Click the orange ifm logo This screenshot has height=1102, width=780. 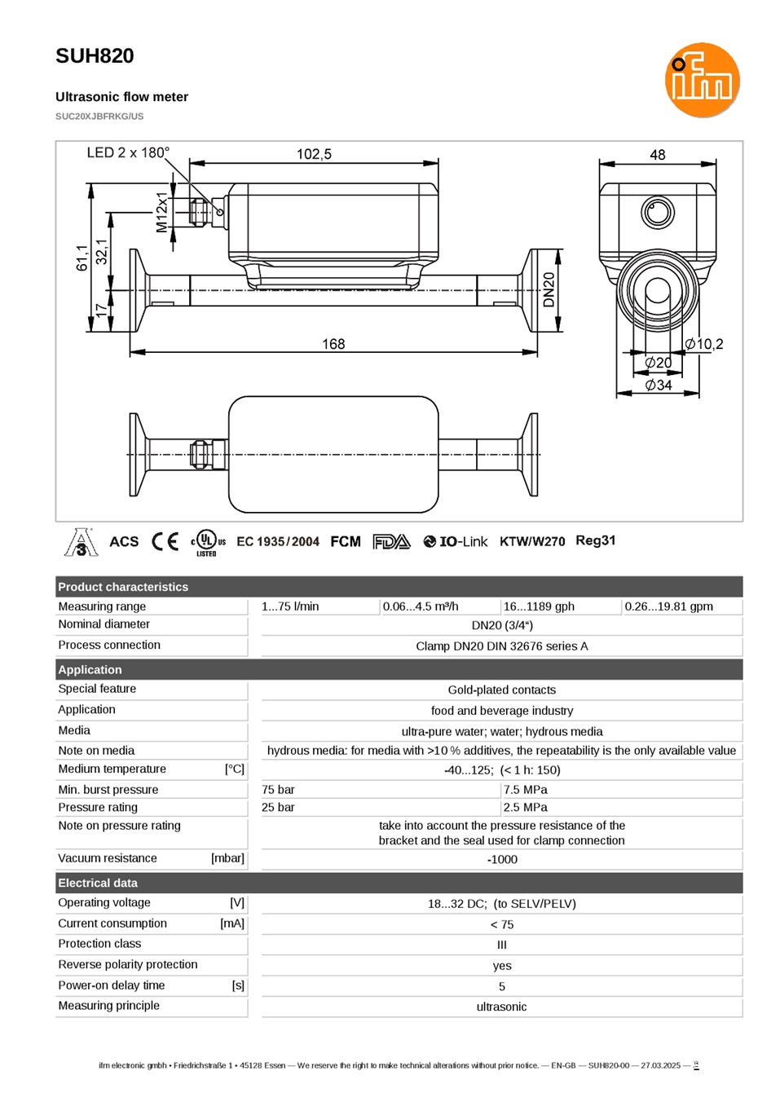(x=702, y=80)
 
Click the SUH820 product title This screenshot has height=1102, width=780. (x=95, y=56)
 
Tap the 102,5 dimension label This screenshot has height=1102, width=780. (x=314, y=154)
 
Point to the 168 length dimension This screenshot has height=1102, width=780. (x=333, y=343)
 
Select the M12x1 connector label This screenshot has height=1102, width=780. (x=162, y=212)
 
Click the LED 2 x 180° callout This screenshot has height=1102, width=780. (x=128, y=152)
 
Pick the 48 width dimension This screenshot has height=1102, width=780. (x=658, y=155)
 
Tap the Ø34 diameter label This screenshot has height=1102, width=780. (x=658, y=385)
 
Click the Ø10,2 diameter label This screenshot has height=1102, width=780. (x=704, y=344)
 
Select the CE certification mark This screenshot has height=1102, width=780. (x=165, y=542)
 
